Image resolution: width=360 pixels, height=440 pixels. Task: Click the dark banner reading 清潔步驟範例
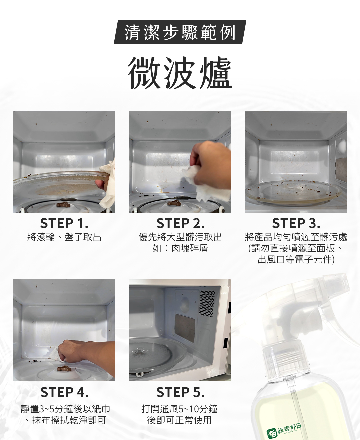[180, 32]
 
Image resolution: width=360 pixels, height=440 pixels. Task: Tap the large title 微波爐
[180, 73]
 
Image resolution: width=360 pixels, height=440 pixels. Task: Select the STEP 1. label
[64, 223]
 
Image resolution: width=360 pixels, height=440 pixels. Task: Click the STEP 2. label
[180, 223]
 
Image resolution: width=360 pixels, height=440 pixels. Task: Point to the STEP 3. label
[296, 223]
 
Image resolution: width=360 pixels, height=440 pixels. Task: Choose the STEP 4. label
[64, 392]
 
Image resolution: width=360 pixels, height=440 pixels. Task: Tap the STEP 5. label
[180, 392]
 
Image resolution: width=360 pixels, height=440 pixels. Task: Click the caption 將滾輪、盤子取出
[64, 237]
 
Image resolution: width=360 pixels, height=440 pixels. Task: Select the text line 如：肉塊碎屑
[180, 248]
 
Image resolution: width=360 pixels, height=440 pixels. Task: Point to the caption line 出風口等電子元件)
[296, 260]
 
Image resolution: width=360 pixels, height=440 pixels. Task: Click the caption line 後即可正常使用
[179, 420]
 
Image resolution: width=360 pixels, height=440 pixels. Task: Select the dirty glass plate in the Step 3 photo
[293, 193]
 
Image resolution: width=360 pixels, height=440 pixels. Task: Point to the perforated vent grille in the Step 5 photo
[207, 303]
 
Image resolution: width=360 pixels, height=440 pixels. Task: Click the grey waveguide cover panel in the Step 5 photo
[185, 328]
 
